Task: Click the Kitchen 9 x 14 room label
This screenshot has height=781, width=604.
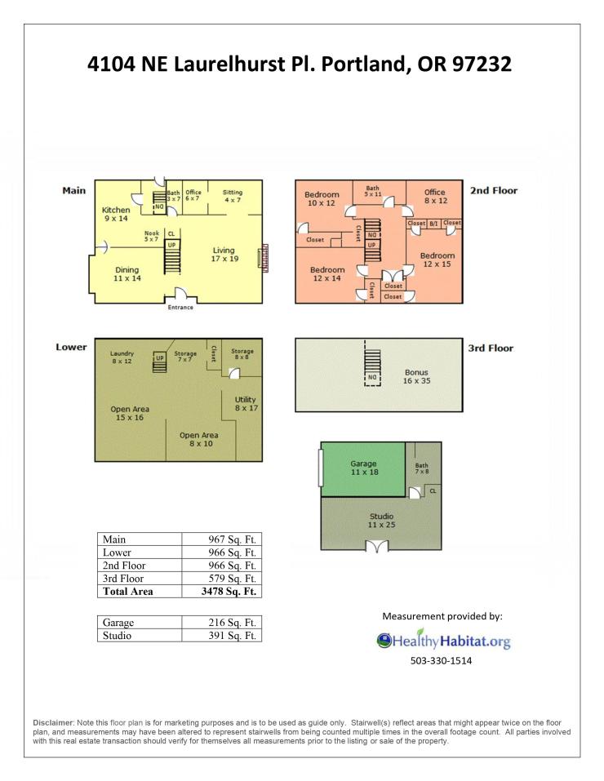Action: tap(116, 214)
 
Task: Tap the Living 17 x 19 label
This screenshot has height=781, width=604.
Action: tap(224, 255)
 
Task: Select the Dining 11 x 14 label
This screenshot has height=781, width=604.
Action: tap(127, 274)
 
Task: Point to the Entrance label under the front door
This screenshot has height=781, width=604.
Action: tap(180, 308)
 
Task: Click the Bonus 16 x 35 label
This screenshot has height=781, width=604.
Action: tap(416, 376)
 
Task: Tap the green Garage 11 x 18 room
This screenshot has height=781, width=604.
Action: tap(362, 469)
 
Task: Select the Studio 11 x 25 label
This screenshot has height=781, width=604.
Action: tap(382, 521)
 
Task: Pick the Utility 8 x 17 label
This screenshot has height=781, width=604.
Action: tap(246, 403)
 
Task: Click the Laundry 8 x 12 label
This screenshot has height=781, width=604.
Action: tap(122, 357)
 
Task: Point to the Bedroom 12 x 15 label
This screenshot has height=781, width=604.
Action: tap(437, 260)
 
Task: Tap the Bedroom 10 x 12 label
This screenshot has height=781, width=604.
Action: tap(322, 199)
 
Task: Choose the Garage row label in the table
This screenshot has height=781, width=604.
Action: tap(118, 623)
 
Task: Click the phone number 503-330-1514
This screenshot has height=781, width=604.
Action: tap(441, 661)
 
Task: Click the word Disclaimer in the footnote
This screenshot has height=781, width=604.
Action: tap(53, 723)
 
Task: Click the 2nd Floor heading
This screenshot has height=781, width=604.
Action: tap(494, 190)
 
